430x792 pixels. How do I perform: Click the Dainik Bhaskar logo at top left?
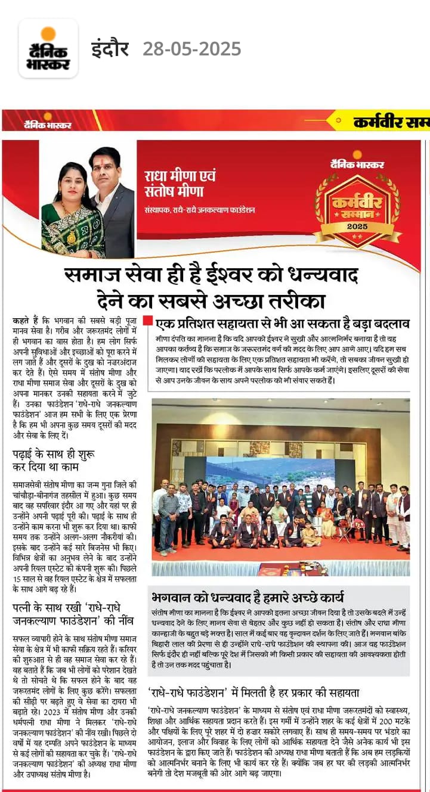point(48,48)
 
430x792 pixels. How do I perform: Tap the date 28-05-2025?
point(191,49)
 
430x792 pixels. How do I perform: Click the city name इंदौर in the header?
point(110,49)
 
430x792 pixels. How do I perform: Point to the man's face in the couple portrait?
point(104,167)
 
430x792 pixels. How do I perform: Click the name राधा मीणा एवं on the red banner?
point(180,177)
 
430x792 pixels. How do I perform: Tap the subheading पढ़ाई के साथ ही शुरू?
point(54,455)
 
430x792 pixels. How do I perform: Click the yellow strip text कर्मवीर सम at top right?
point(391,123)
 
